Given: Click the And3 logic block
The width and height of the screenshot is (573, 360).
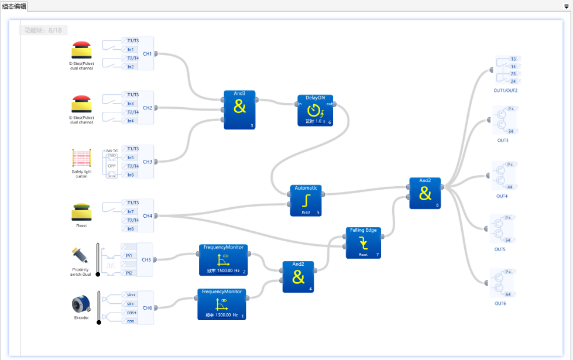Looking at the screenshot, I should click(240, 109).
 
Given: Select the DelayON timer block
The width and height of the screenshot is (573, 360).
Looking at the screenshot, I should click(314, 109).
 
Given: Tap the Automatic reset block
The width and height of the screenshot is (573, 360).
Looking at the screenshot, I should click(306, 200).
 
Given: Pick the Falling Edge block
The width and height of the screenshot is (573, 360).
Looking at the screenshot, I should click(363, 242).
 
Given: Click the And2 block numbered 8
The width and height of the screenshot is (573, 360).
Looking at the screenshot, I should click(425, 193).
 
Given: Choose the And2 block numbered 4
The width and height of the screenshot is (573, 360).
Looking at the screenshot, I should click(298, 276).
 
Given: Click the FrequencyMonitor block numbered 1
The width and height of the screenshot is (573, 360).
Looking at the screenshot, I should click(221, 304).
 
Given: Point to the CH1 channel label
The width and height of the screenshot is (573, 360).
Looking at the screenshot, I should click(147, 54).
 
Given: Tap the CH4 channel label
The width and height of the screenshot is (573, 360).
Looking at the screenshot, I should click(147, 215).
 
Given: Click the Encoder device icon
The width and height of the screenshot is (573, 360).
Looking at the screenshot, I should click(81, 304).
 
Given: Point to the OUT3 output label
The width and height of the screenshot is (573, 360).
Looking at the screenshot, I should click(502, 140).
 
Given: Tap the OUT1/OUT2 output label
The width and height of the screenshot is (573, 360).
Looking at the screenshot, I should click(506, 91).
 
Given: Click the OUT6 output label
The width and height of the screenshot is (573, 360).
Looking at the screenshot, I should click(500, 303).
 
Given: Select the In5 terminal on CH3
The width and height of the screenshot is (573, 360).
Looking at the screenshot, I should click(130, 157).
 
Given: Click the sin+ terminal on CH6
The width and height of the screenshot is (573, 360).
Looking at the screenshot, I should click(131, 295).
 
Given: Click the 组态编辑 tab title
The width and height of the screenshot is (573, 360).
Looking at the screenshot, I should click(14, 6).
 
